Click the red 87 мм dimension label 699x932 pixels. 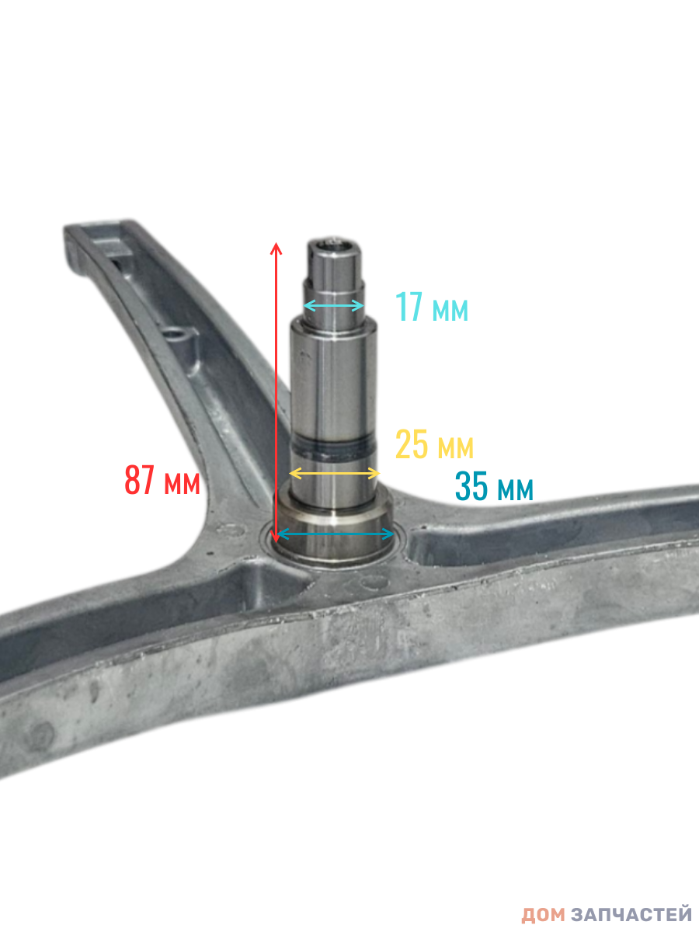coord(162,480)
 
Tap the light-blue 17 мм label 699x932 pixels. coord(432,307)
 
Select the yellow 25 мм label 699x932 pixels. coord(434,444)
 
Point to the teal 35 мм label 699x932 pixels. coord(494,485)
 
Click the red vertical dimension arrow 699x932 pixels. coord(276,392)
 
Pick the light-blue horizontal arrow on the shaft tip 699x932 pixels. coord(334,305)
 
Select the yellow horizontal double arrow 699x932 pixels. coord(335,473)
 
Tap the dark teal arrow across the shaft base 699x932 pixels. coord(336,534)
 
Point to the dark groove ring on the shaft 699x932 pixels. coord(334,450)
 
